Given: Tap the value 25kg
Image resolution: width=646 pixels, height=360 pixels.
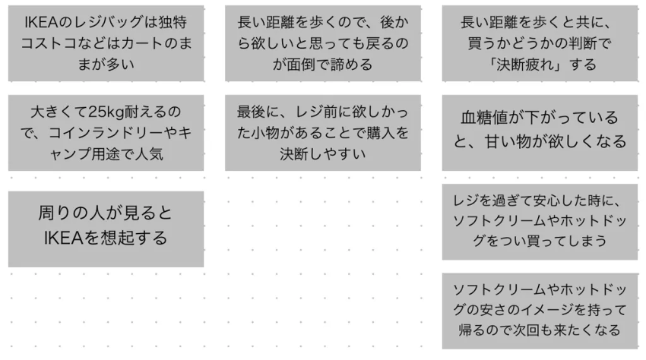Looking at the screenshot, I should point(101,113).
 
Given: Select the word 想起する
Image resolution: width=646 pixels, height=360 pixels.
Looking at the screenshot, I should point(130,238).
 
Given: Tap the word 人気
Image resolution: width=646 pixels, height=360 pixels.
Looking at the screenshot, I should point(148,154).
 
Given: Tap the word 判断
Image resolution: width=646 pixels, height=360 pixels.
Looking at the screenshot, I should point(586,43).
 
